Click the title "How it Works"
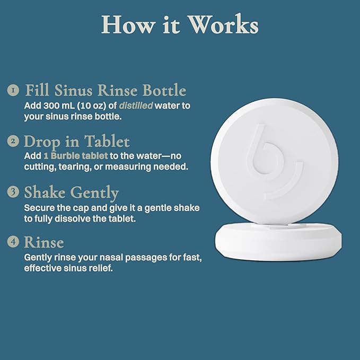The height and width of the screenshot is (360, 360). point(180,25)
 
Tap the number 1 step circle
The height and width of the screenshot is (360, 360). point(13,90)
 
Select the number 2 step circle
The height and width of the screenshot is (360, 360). point(13,142)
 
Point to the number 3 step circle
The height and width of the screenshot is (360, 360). point(13,192)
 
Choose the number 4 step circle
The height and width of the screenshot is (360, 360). point(13,242)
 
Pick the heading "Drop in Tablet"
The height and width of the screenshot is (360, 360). point(76,142)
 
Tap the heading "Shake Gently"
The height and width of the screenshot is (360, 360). point(72,192)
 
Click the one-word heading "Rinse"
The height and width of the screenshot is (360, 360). point(44,242)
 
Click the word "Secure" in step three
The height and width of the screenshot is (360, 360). point(39,208)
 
